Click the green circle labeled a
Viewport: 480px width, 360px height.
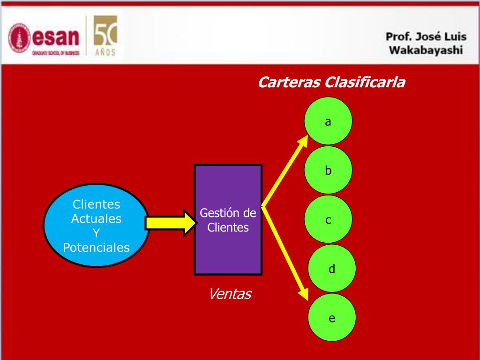click(x=328, y=120)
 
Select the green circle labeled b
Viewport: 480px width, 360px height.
click(x=328, y=170)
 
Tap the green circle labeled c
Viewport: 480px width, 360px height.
click(x=328, y=219)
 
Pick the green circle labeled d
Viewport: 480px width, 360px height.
click(x=332, y=269)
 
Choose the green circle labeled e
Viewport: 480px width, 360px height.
click(x=332, y=318)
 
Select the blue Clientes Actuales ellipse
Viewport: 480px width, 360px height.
click(x=96, y=225)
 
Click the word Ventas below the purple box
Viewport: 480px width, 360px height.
click(x=230, y=294)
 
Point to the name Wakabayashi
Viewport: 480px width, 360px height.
click(x=426, y=50)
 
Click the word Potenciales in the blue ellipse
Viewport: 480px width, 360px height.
click(x=96, y=247)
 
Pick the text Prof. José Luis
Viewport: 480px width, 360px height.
click(x=426, y=37)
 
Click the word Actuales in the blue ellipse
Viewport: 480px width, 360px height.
click(x=96, y=219)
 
